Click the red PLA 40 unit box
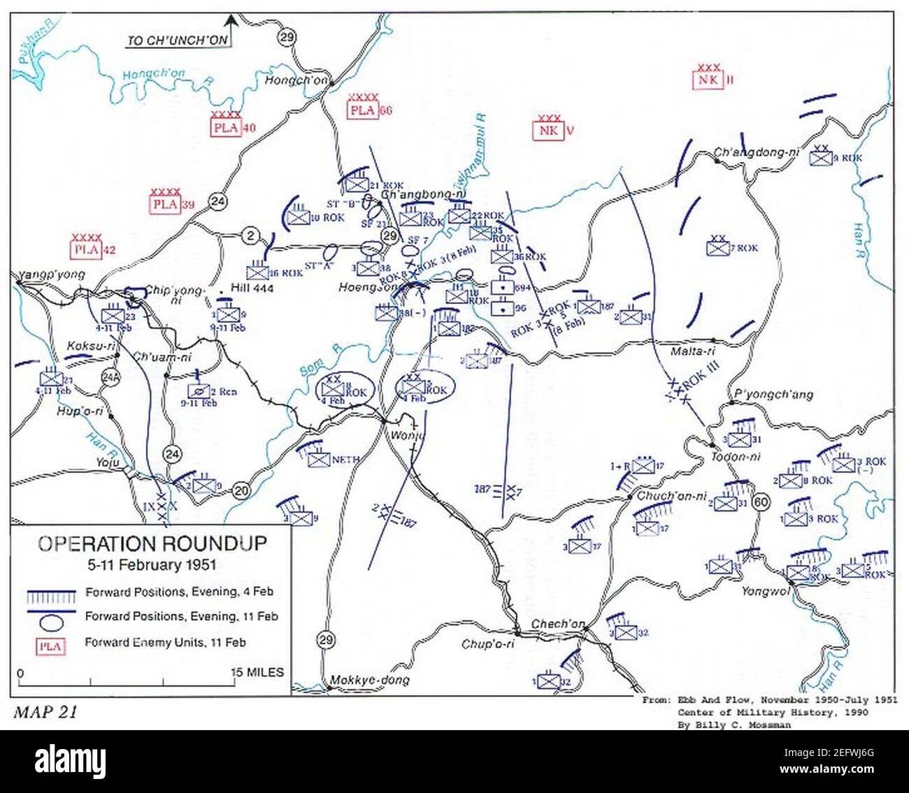click(x=226, y=127)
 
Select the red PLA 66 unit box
click(x=363, y=110)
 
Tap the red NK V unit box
click(x=547, y=130)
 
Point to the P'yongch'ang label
click(x=771, y=394)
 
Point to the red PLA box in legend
click(x=51, y=646)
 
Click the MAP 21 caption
click(x=45, y=712)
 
